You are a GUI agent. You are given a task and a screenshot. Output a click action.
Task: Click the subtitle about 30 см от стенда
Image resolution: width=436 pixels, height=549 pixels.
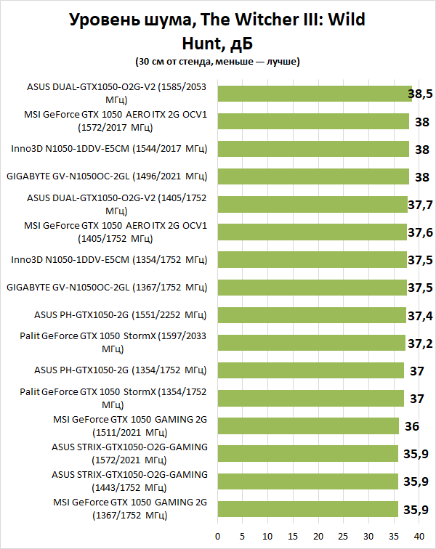pos(217,62)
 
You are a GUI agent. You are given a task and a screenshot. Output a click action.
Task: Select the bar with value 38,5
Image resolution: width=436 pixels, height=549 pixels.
pos(314,94)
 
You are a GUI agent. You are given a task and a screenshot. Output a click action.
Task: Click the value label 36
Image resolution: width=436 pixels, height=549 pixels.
pos(411,426)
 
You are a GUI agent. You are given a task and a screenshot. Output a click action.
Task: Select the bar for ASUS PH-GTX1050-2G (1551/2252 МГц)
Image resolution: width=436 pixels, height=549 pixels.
pos(311,315)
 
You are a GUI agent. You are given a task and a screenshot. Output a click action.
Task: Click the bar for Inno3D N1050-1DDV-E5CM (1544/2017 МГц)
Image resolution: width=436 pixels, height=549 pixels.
pos(312,149)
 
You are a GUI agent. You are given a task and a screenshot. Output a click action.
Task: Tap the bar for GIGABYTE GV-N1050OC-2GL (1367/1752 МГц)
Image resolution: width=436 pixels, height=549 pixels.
pos(312,288)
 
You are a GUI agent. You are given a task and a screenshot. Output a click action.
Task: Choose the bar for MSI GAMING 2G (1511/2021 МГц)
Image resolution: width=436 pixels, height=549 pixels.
pos(308,426)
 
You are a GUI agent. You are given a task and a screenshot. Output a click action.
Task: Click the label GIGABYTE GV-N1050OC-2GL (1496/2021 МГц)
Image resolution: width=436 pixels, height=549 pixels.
pos(107,176)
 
